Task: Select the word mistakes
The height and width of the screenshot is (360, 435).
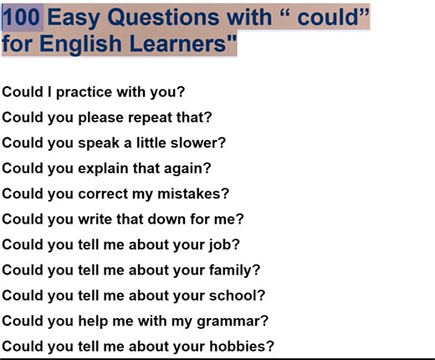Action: pos(194,193)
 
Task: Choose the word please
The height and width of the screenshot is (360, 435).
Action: pos(101,116)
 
